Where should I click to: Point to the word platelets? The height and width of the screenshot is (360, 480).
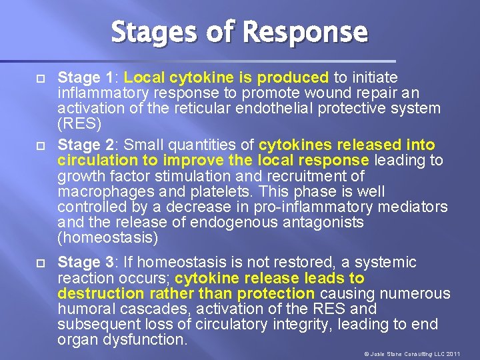click(x=214, y=192)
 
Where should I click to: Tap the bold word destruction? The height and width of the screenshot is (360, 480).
click(x=97, y=294)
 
